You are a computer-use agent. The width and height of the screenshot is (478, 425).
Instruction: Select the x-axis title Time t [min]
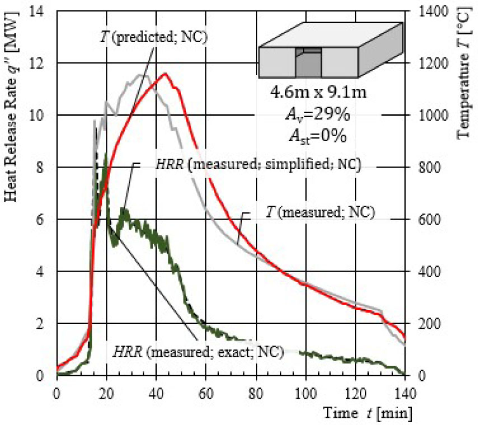tap(368, 414)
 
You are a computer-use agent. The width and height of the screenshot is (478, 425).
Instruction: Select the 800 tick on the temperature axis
tap(424, 167)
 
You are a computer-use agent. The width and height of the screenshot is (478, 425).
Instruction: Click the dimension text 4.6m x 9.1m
tap(320, 92)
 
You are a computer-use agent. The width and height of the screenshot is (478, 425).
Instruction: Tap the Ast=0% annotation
tap(320, 136)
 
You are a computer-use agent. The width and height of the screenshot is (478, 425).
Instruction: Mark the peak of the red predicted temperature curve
tap(165, 73)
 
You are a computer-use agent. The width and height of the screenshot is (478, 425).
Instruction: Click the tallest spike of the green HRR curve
tap(106, 154)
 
